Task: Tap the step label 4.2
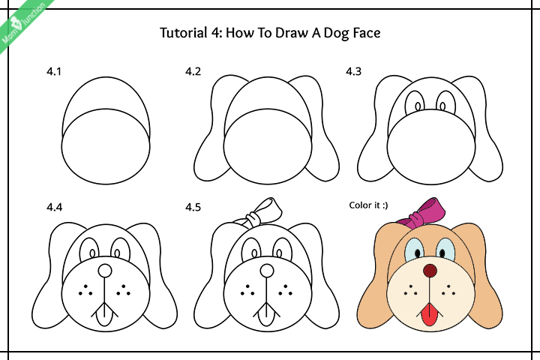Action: point(193,73)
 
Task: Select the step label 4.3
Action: point(353,73)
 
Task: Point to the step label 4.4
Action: point(53,207)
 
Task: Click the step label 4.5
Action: point(193,207)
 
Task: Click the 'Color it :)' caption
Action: point(367,204)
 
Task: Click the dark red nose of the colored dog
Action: point(429,270)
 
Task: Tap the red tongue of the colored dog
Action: point(429,316)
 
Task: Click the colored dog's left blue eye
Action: point(413,248)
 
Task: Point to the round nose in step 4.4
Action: point(105,270)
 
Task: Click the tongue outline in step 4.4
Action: point(105,316)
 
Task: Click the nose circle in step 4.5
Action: point(266,270)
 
